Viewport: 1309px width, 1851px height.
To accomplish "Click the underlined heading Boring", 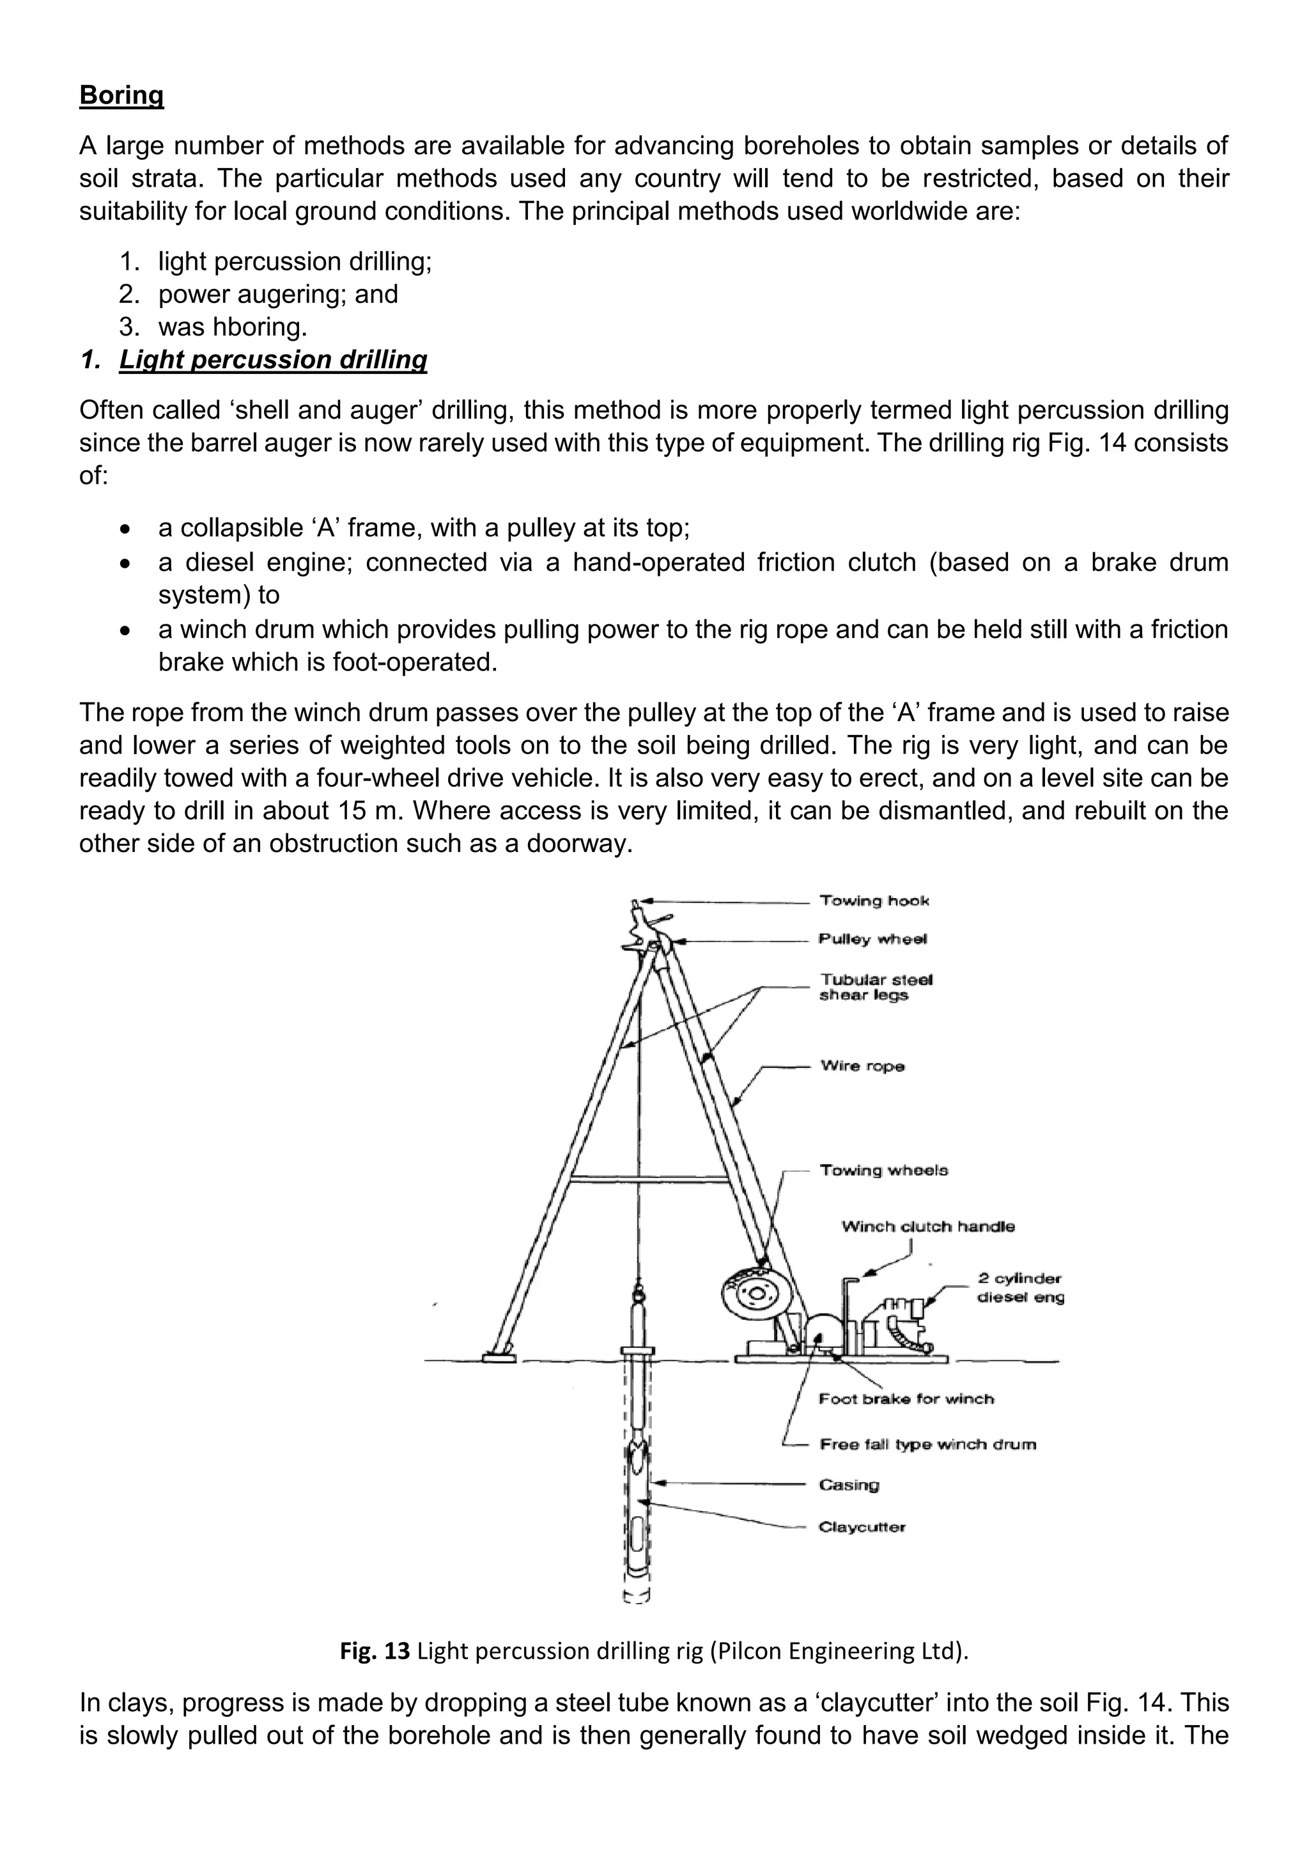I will coord(121,95).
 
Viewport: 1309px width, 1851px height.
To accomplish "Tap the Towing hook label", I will coord(874,901).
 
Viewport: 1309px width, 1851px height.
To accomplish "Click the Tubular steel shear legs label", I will coord(876,987).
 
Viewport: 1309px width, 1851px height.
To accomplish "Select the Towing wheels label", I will coord(884,1170).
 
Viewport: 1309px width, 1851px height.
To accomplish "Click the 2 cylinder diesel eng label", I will coord(1021,1287).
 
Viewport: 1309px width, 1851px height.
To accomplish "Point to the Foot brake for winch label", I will coord(906,1398).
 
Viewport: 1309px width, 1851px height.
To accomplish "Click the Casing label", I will coord(849,1485).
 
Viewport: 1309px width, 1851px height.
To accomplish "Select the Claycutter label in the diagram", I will coord(862,1527).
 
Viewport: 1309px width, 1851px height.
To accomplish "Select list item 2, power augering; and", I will coord(278,294).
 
